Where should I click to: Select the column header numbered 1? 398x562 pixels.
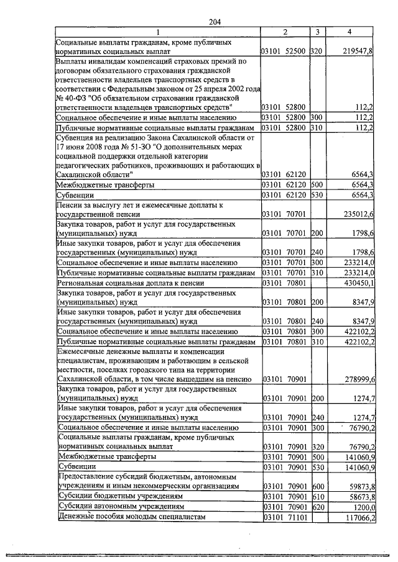click(157, 32)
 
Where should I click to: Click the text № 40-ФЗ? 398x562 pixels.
click(71, 97)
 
